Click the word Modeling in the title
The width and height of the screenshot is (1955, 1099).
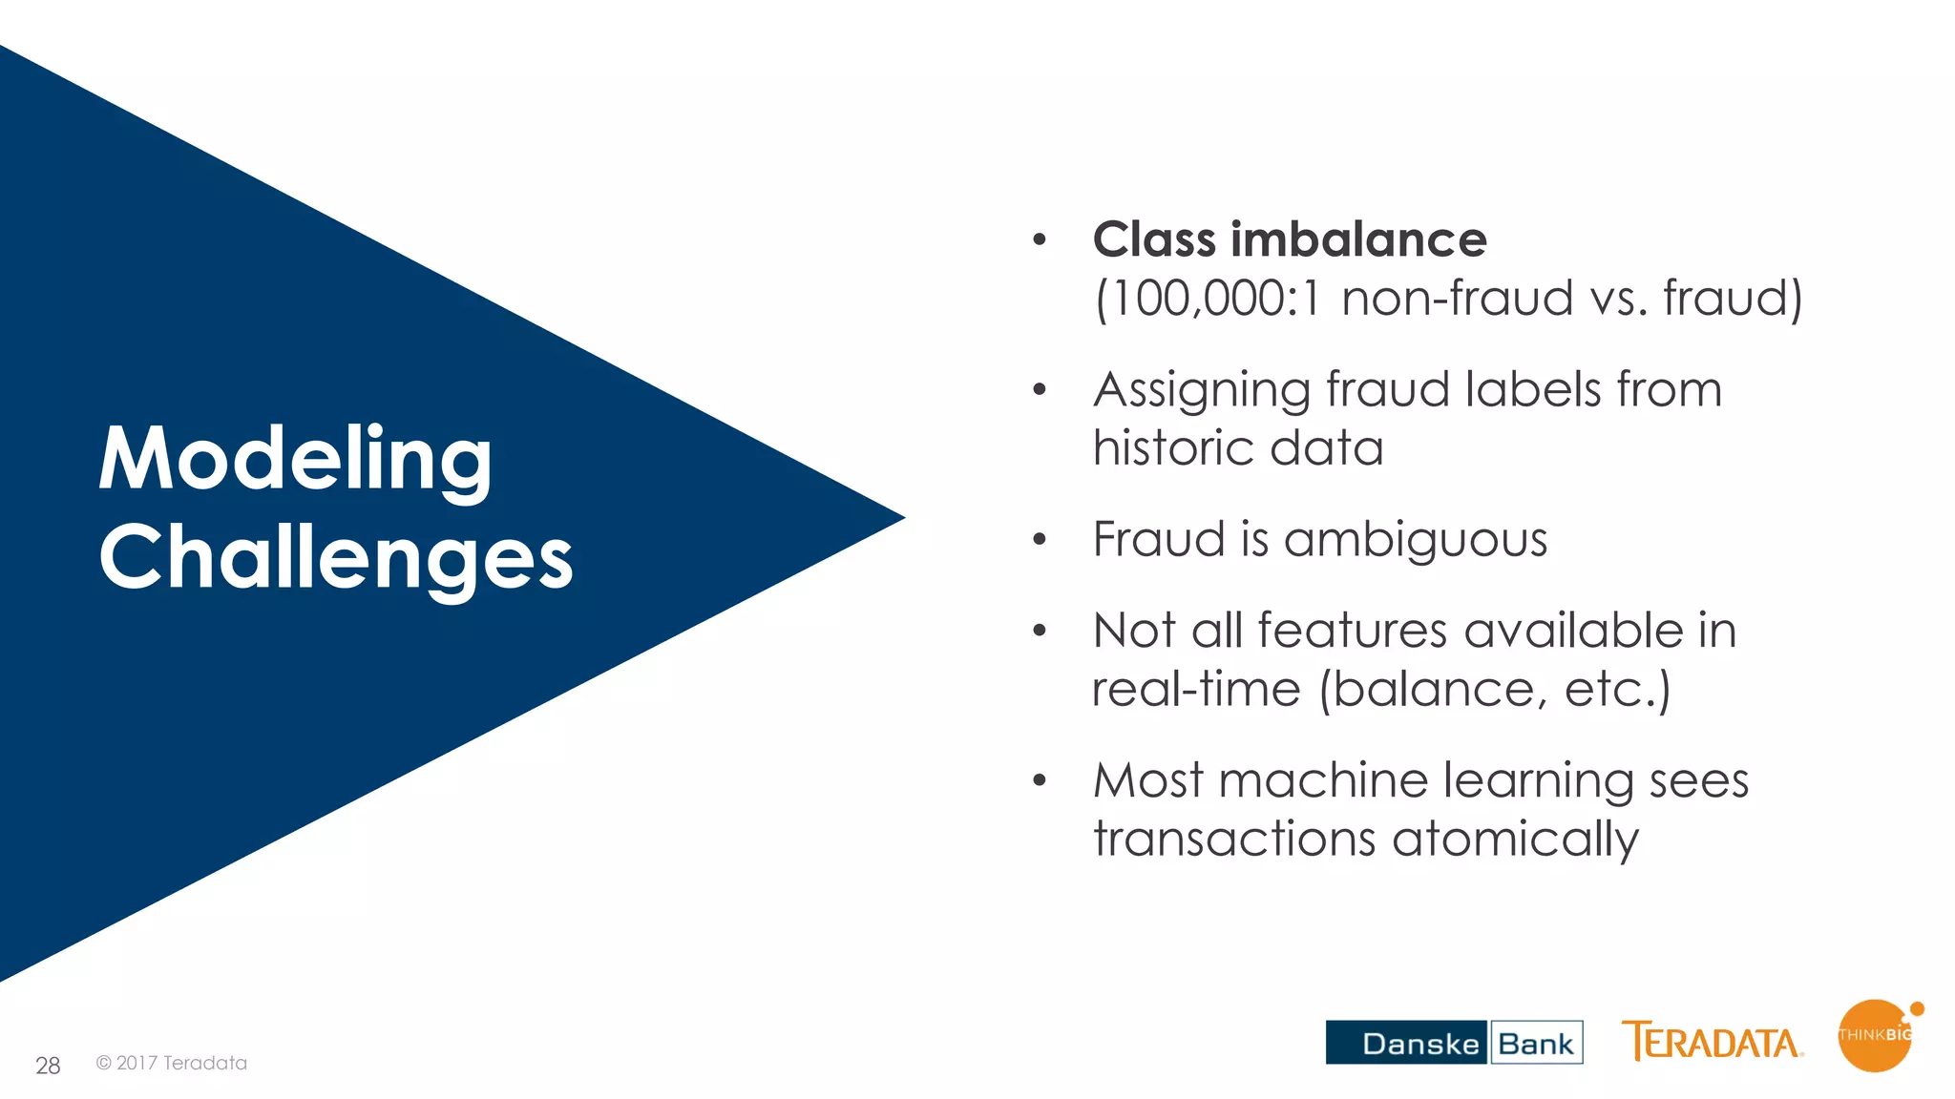pos(295,460)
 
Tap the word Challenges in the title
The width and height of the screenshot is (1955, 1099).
pos(335,559)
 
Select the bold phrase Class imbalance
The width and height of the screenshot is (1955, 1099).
pos(1289,239)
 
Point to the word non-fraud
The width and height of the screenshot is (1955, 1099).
pos(1457,299)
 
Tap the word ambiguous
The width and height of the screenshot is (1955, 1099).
pos(1415,541)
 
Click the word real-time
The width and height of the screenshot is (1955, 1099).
pos(1195,690)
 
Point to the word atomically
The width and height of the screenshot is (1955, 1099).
pos(1515,840)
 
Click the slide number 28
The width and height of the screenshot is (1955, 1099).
pos(48,1066)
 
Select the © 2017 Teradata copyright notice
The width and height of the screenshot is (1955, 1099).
pos(172,1063)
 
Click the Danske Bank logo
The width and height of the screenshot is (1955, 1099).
pos(1454,1043)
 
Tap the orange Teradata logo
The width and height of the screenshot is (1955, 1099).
pos(1712,1042)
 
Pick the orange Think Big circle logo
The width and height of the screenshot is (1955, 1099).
pos(1876,1036)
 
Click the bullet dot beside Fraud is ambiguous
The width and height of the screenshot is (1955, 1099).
pos(1040,540)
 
